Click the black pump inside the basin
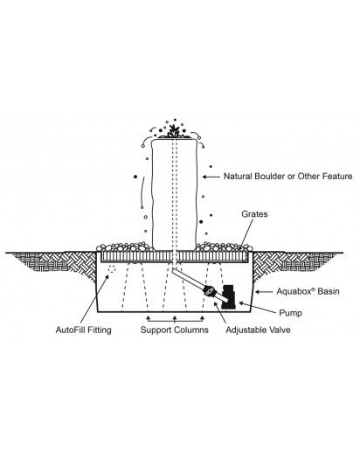(x=228, y=296)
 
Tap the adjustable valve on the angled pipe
(x=209, y=290)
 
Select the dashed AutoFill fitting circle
(x=112, y=268)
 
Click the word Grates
(x=254, y=214)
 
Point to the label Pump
(x=290, y=313)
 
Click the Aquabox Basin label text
(x=308, y=291)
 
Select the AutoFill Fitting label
(x=84, y=330)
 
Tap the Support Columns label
(x=175, y=330)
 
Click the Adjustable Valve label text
(x=258, y=330)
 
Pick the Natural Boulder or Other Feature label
(x=287, y=177)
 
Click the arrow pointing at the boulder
(x=211, y=177)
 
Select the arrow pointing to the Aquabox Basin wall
(x=264, y=291)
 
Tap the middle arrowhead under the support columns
(x=175, y=317)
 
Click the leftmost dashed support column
(x=135, y=287)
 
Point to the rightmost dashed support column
(x=213, y=287)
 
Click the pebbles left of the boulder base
(x=125, y=247)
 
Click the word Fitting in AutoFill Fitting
(x=99, y=330)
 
